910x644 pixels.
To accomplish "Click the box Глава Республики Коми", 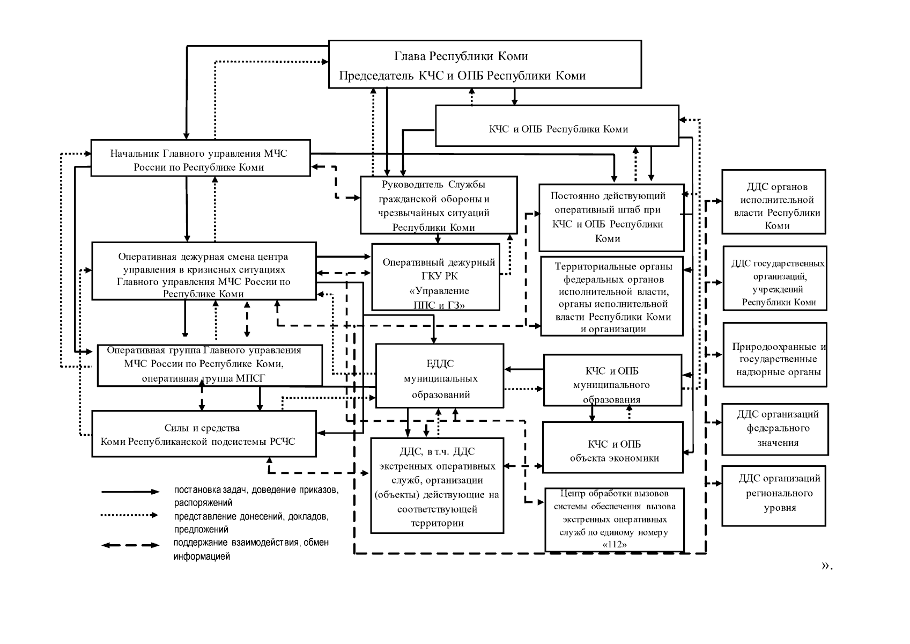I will point(485,64).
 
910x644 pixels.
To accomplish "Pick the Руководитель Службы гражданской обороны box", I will point(439,205).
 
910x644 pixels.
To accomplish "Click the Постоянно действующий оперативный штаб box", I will point(611,217).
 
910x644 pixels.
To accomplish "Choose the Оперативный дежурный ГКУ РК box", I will point(436,277).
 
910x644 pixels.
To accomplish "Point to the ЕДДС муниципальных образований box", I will point(440,376).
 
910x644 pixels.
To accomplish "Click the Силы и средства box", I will point(204,434).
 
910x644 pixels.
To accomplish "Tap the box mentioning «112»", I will point(615,519).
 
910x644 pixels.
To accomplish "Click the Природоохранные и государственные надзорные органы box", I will point(775,355).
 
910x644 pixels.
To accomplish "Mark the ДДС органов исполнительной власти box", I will point(774,202).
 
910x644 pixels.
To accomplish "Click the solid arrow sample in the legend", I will point(130,492).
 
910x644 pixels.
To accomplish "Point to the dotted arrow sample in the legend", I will point(130,515).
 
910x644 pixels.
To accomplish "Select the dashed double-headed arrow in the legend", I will point(130,545).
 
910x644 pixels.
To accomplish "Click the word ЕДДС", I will point(440,364).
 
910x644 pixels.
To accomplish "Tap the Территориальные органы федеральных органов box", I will point(612,296).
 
